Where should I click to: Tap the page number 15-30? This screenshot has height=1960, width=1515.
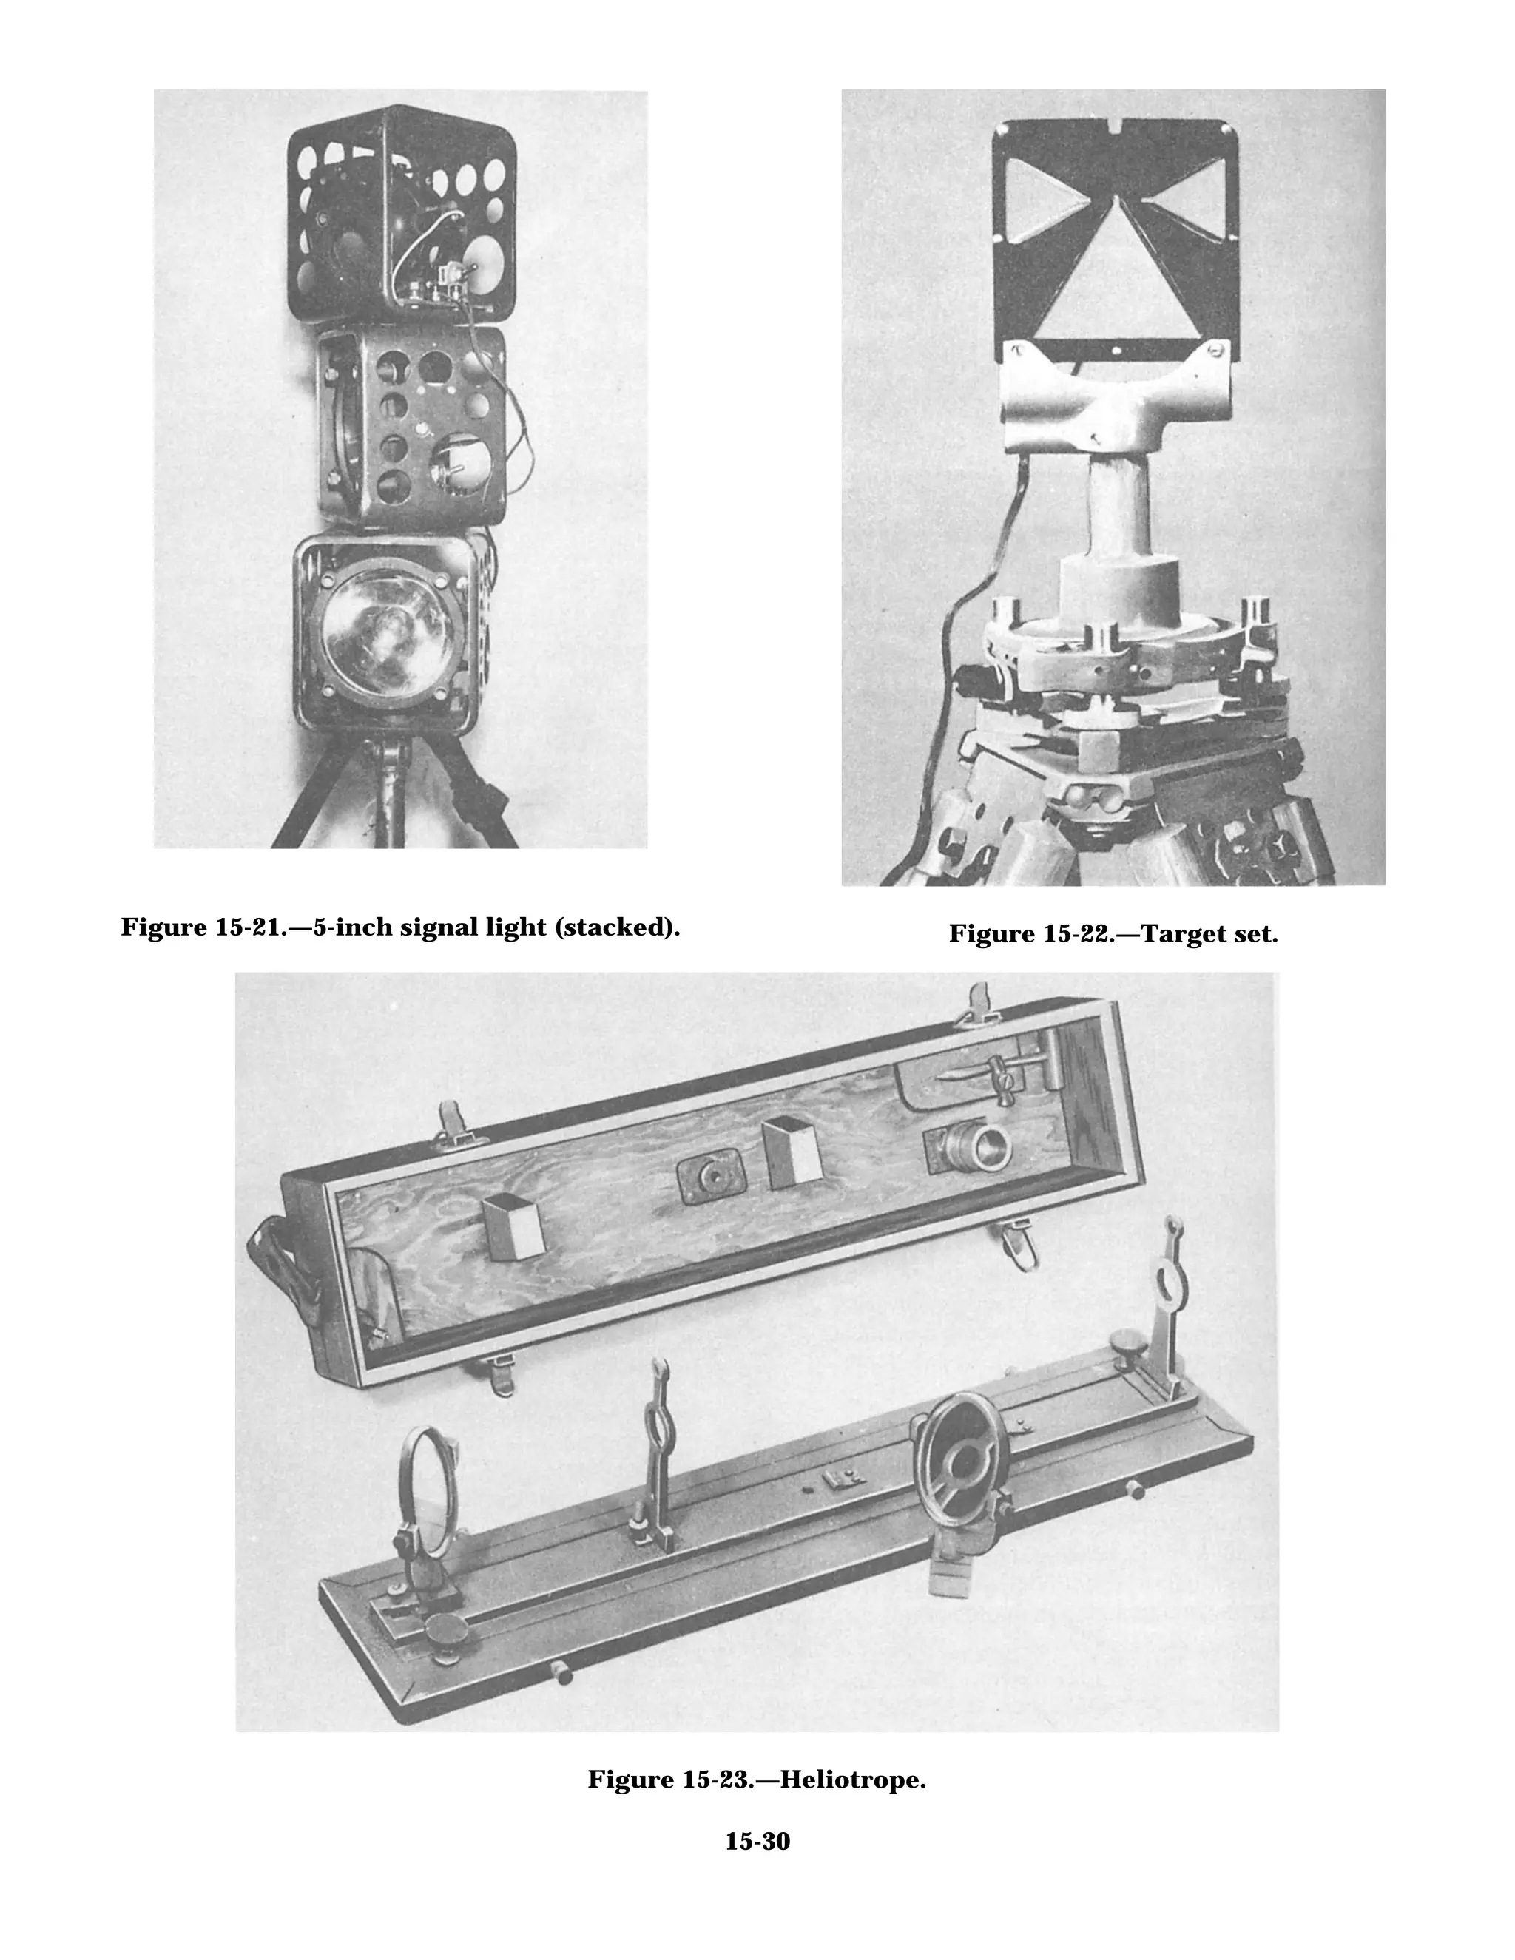(757, 1841)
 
